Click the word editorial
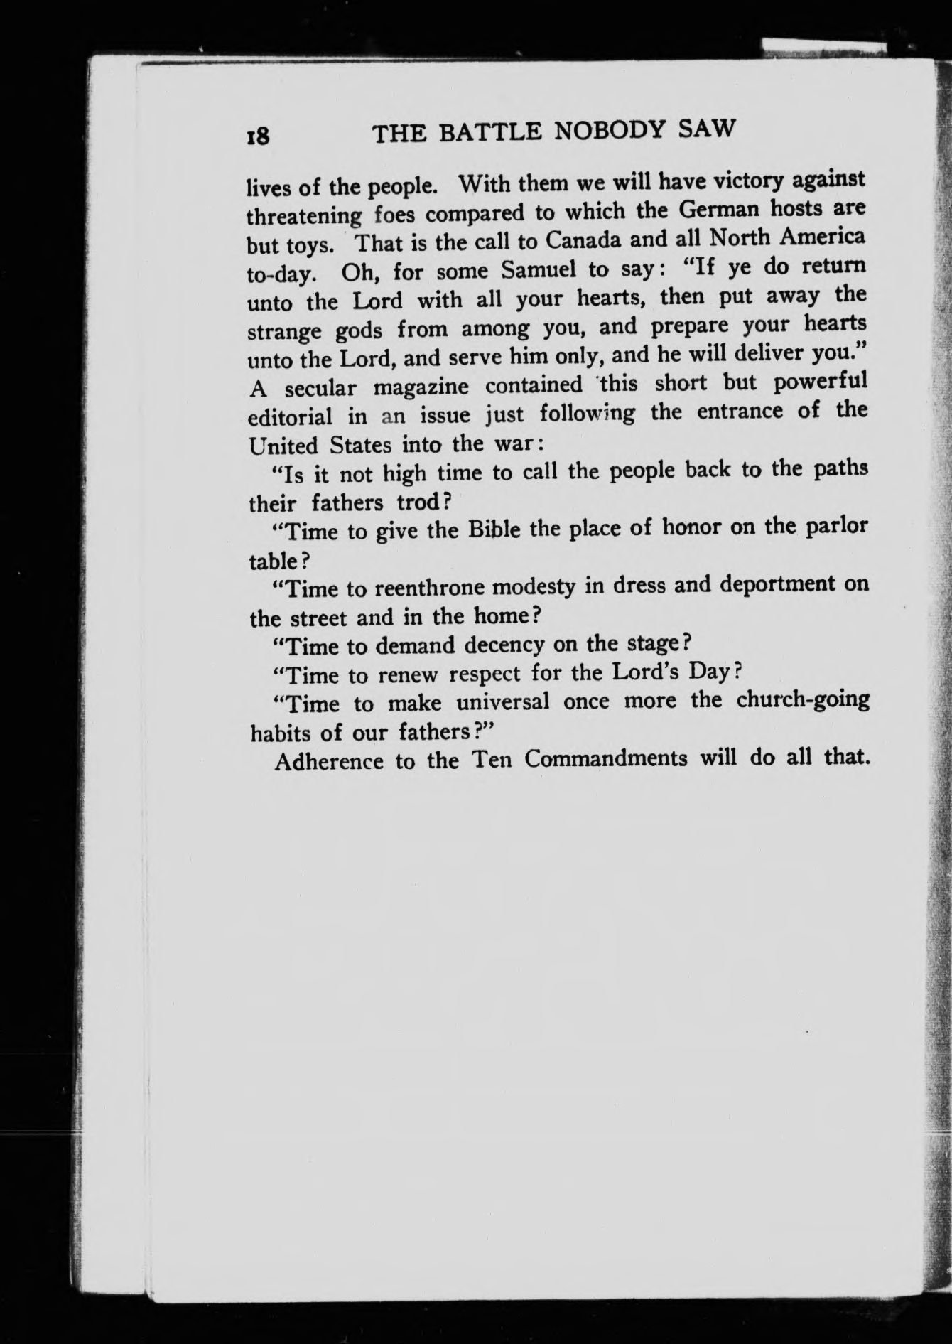pyautogui.click(x=290, y=416)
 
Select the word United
pyautogui.click(x=283, y=446)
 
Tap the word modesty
pyautogui.click(x=534, y=587)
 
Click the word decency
pyautogui.click(x=504, y=645)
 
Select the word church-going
pyautogui.click(x=803, y=699)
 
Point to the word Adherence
pyautogui.click(x=330, y=761)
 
